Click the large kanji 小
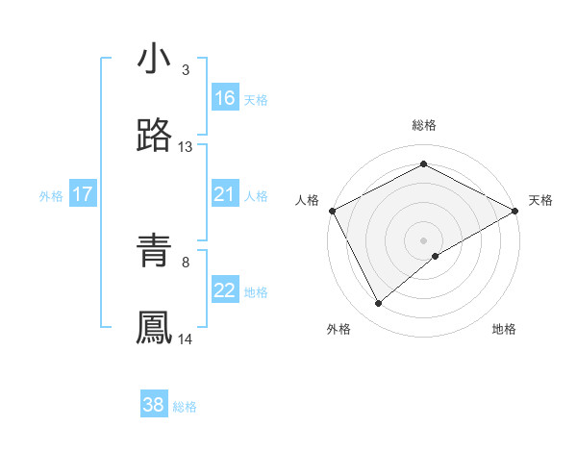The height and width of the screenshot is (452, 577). click(154, 60)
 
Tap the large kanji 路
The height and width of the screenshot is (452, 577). click(154, 137)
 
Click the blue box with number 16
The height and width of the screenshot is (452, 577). click(225, 98)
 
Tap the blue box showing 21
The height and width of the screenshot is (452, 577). click(225, 194)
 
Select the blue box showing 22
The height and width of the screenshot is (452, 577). click(225, 290)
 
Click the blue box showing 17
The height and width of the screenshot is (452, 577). click(83, 194)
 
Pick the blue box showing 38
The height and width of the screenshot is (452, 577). click(154, 405)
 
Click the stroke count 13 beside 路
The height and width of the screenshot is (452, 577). click(186, 147)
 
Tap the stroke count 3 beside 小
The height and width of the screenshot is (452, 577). click(186, 70)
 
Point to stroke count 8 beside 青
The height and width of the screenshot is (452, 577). click(186, 262)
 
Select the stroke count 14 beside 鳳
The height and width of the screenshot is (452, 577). click(186, 339)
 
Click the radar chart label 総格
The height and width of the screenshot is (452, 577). click(423, 126)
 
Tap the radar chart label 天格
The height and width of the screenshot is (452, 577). click(540, 200)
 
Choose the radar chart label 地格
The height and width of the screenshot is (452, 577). click(504, 329)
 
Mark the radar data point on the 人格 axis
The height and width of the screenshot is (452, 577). click(331, 210)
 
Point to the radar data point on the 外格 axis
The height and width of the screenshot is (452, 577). click(379, 304)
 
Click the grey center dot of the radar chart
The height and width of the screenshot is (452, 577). click(423, 239)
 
